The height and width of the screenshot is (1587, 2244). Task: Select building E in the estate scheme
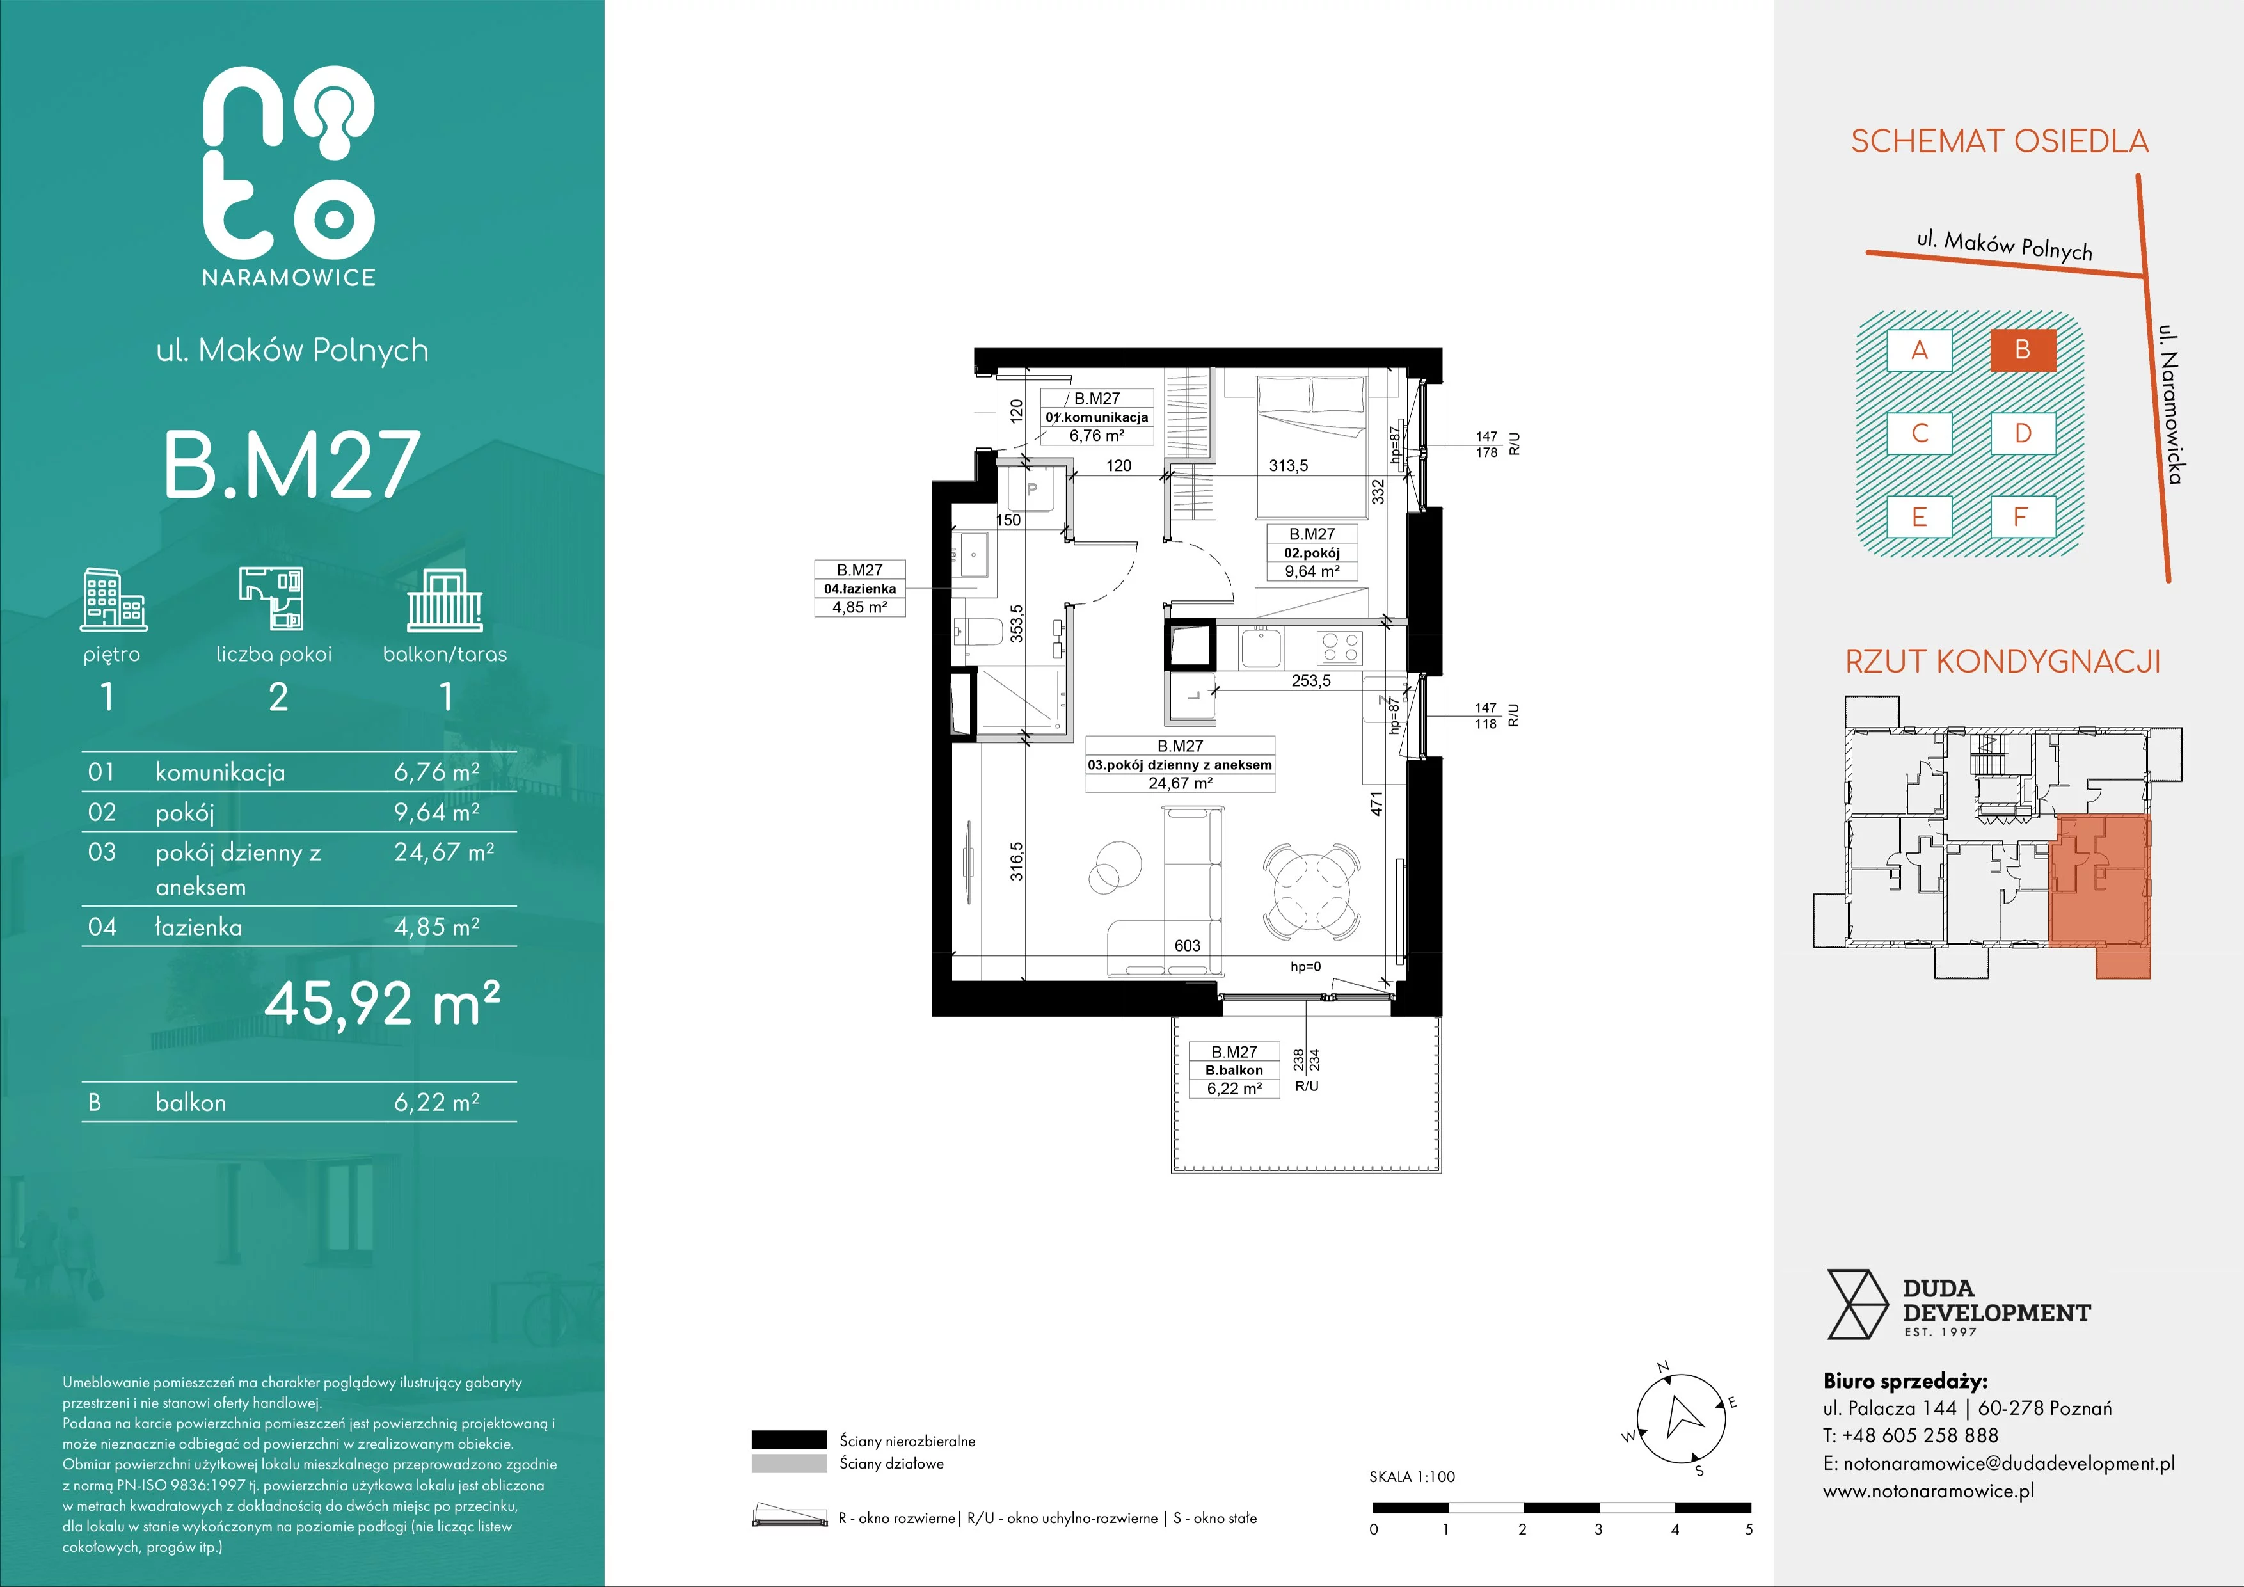click(1920, 517)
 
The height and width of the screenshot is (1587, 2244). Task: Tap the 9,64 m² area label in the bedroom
click(1312, 571)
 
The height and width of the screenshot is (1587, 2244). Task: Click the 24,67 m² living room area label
click(1181, 783)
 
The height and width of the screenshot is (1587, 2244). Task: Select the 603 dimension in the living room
click(1188, 945)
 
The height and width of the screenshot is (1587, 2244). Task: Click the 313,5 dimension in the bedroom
click(1288, 466)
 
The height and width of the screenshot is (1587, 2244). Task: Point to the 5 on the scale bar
click(1749, 1529)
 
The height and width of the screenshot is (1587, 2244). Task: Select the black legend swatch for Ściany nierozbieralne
click(789, 1439)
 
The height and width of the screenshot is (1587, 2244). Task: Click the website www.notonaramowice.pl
click(1929, 1491)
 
